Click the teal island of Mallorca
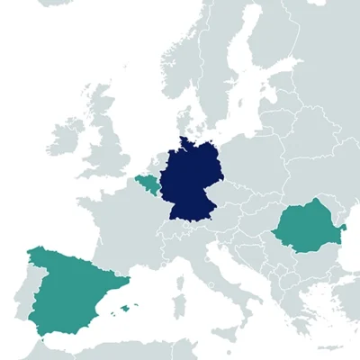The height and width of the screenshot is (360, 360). click(125, 310)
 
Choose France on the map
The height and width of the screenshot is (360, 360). click(121, 229)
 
